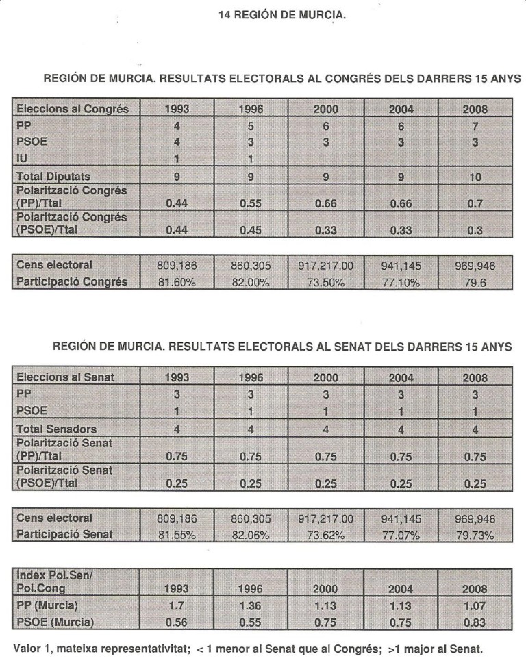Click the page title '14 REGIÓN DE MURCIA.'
coord(281,14)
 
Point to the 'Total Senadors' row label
coord(55,429)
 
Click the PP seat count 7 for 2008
coord(474,126)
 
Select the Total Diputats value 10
coord(474,177)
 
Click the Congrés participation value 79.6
coord(474,281)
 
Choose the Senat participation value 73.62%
coord(325,535)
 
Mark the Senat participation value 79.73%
coord(474,535)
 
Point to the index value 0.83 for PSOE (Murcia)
coord(474,621)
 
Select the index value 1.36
coord(250,605)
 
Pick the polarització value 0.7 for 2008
coord(474,204)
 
